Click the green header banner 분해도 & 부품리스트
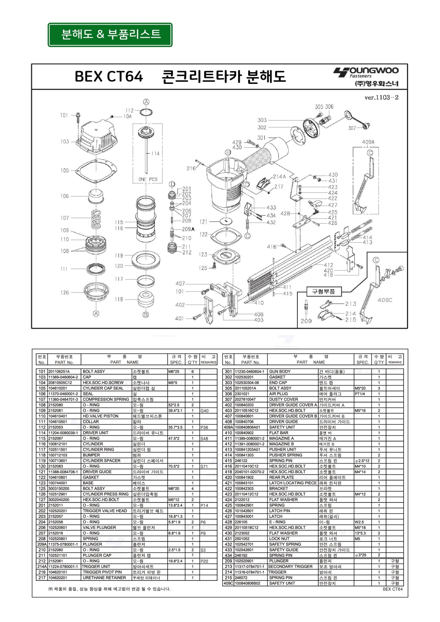pos(110,35)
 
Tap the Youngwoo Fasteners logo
pos(366,77)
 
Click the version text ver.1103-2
pos(381,97)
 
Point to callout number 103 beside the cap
pos(65,141)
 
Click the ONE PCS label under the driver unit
pos(147,179)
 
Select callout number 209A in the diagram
pos(188,229)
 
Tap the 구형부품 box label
pos(323,291)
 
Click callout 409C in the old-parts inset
pos(385,300)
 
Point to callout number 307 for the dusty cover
pos(352,128)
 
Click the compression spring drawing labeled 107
pos(96,218)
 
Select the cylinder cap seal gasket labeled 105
pos(96,170)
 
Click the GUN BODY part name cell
pos(280,372)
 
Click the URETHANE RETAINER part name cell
pos(104,578)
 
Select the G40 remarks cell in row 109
pos(205,411)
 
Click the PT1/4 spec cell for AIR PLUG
pos(360,394)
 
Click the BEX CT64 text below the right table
pos(392,589)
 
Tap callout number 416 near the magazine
pos(272,247)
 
